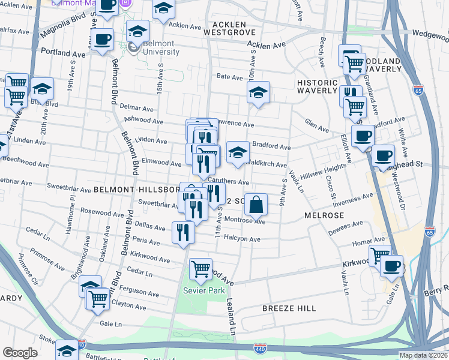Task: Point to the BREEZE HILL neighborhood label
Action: coord(289,308)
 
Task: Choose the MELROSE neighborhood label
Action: coord(324,215)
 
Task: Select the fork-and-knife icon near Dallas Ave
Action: coord(183,232)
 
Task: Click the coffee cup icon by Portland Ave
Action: coord(103,40)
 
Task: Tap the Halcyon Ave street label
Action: coord(243,239)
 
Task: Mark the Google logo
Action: coord(20,353)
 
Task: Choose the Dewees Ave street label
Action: coord(346,226)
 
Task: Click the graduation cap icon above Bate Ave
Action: coord(258,92)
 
